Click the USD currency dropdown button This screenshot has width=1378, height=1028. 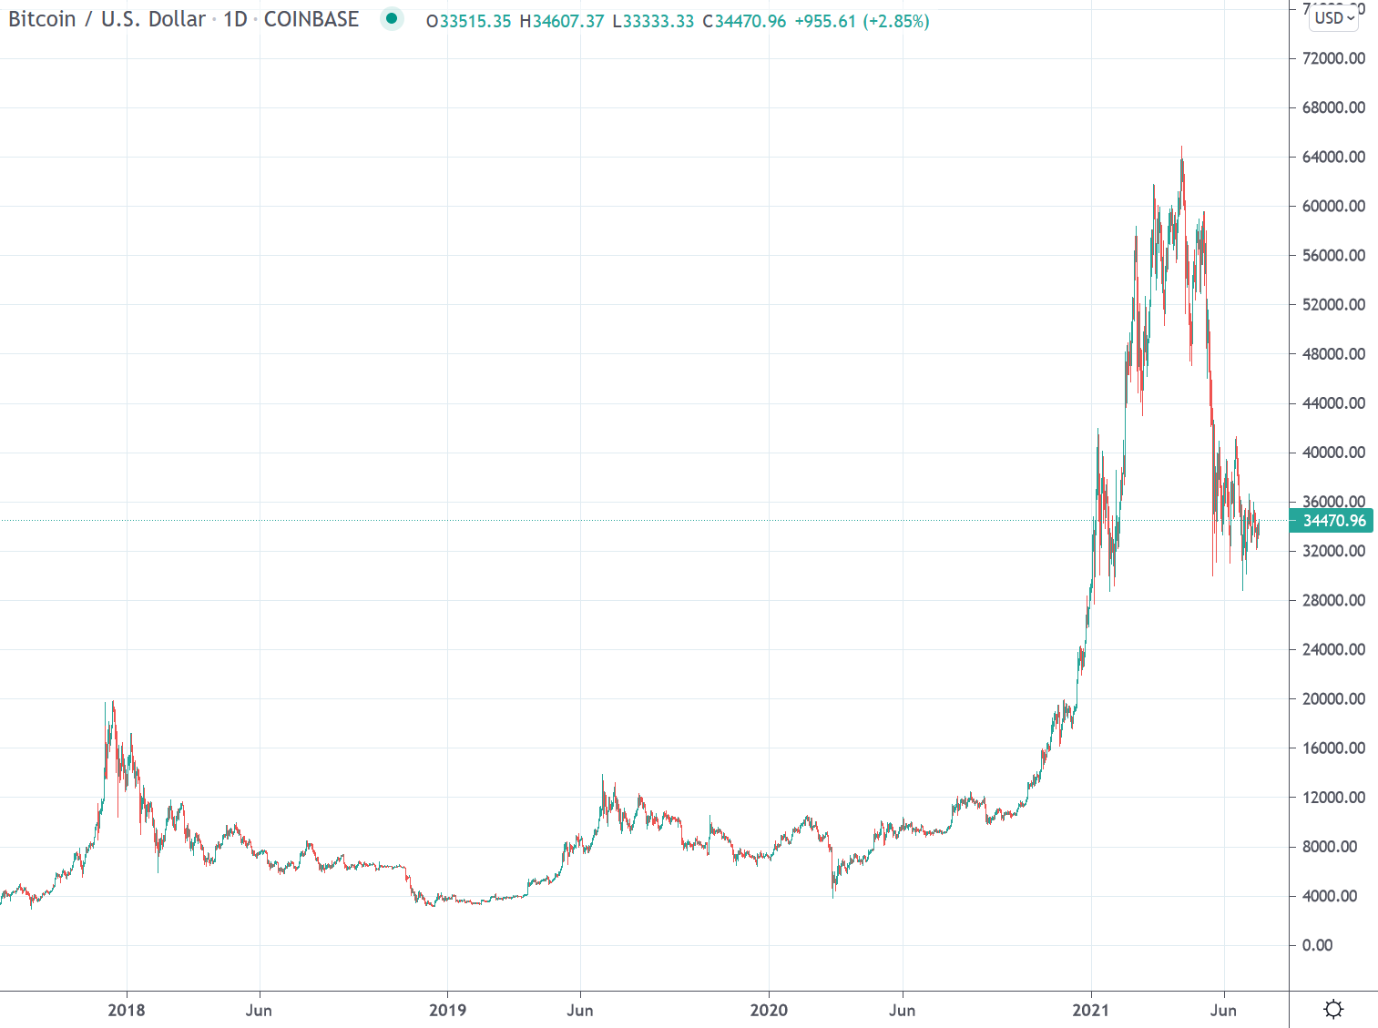coord(1334,17)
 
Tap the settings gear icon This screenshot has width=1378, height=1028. coord(1333,1009)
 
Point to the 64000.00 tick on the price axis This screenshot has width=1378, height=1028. coord(1333,157)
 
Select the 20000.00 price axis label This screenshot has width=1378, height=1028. coord(1333,699)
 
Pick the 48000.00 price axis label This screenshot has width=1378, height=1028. coord(1333,354)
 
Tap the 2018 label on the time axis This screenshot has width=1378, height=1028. coord(126,1010)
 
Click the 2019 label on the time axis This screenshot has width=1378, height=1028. coord(447,1010)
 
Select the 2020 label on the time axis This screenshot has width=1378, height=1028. coord(769,1010)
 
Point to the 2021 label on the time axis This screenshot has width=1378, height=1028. coord(1090,1010)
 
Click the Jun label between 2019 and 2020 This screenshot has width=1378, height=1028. coord(580,1010)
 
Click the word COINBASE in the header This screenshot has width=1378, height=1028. coord(311,19)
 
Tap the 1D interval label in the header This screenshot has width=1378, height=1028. coord(235,19)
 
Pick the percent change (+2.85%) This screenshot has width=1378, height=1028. coord(896,21)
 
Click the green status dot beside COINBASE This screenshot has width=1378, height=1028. coord(392,18)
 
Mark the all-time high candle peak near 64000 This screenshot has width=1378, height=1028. coord(1182,148)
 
